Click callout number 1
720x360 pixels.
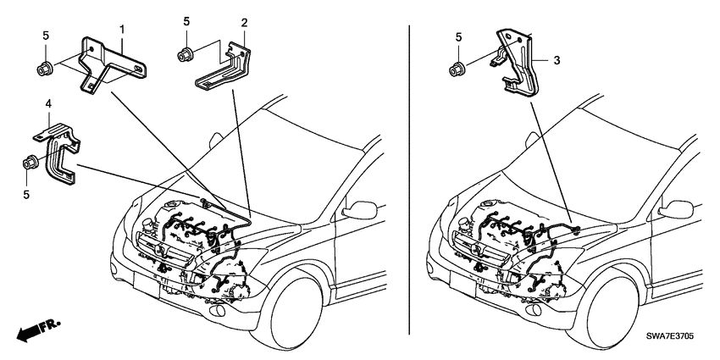coord(123,29)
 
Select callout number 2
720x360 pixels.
coord(244,23)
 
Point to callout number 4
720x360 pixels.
coord(48,104)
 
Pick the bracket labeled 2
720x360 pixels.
coord(224,68)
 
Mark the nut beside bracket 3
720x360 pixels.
coord(457,66)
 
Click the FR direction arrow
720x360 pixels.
coord(31,328)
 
